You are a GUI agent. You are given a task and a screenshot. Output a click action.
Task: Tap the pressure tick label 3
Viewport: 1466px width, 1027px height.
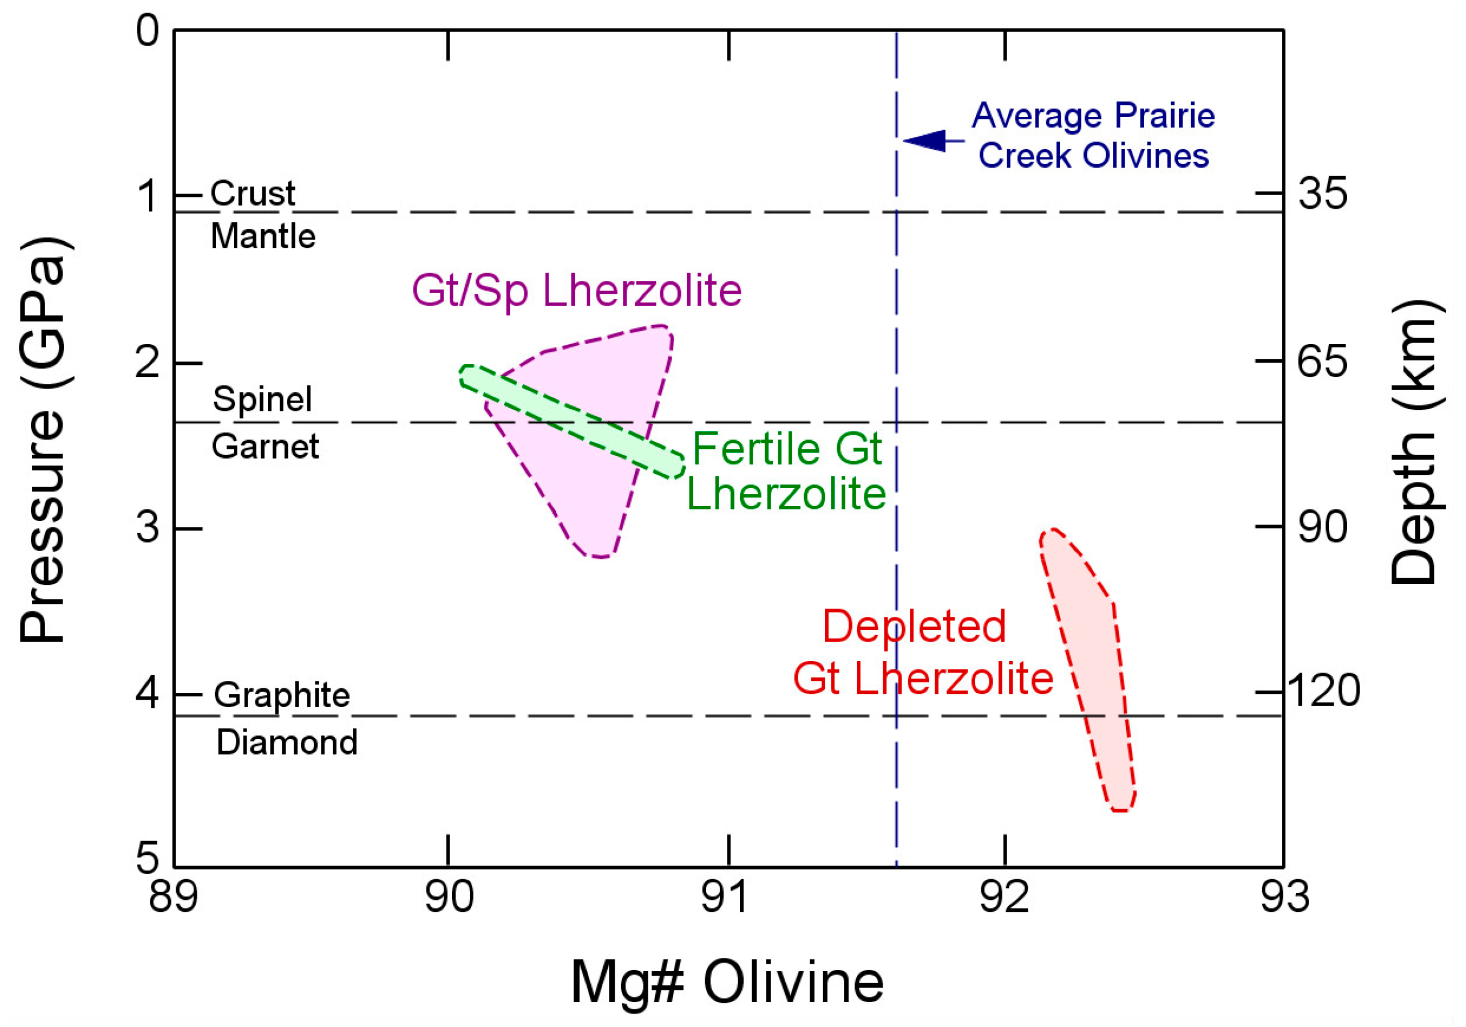click(x=148, y=527)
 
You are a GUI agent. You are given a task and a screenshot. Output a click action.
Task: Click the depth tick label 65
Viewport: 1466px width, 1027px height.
click(x=1322, y=361)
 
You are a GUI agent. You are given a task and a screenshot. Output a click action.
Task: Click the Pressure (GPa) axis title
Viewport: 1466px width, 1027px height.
click(x=43, y=441)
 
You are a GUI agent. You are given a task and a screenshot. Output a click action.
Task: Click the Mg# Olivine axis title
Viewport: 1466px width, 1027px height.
click(x=726, y=981)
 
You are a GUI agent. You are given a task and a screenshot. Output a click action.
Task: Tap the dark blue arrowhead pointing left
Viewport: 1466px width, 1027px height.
click(x=926, y=140)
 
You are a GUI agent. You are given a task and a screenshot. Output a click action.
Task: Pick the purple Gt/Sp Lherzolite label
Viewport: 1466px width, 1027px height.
click(x=576, y=291)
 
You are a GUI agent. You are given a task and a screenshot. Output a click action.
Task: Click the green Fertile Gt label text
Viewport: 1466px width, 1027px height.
click(x=787, y=448)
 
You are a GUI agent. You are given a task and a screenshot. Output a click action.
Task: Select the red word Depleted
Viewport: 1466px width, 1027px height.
click(x=913, y=626)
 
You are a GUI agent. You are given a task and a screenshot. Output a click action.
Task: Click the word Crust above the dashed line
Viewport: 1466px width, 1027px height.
click(x=253, y=193)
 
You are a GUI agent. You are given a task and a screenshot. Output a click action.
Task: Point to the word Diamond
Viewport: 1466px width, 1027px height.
click(x=287, y=742)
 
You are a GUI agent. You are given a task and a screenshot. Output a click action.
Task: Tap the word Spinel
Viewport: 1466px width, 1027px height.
click(x=262, y=399)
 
